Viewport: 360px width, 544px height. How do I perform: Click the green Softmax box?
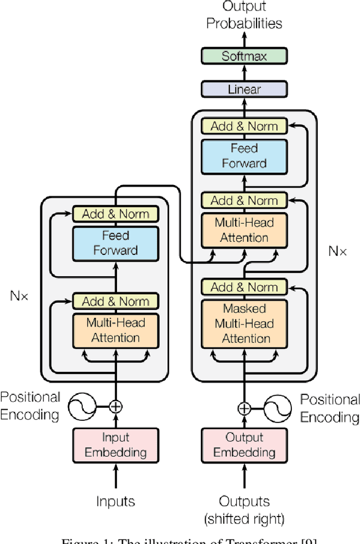244,56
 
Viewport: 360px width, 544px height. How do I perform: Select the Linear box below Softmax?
244,89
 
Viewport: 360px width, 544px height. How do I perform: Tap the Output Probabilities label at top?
244,16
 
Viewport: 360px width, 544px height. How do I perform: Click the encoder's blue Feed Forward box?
116,243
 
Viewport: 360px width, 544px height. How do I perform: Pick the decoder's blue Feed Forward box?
244,156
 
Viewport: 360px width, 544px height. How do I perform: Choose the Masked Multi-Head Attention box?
244,323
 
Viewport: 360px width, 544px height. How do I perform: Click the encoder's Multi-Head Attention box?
116,330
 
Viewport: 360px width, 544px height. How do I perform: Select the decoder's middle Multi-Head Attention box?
244,230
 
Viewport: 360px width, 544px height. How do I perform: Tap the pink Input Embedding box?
116,444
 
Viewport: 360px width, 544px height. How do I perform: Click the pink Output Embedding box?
244,444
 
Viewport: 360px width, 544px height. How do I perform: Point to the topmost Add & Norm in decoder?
244,126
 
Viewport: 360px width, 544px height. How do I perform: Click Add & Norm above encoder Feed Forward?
116,214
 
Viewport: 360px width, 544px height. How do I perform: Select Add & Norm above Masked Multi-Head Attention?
244,287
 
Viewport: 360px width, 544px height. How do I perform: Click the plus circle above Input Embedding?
115,406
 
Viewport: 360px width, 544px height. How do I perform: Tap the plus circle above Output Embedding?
244,408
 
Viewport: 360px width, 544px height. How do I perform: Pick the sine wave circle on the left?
81,406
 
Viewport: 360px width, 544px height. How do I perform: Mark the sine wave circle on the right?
278,408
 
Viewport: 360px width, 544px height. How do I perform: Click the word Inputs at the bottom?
116,501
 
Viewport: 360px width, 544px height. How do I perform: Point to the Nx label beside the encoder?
19,294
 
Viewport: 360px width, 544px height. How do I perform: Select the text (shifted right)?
244,518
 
